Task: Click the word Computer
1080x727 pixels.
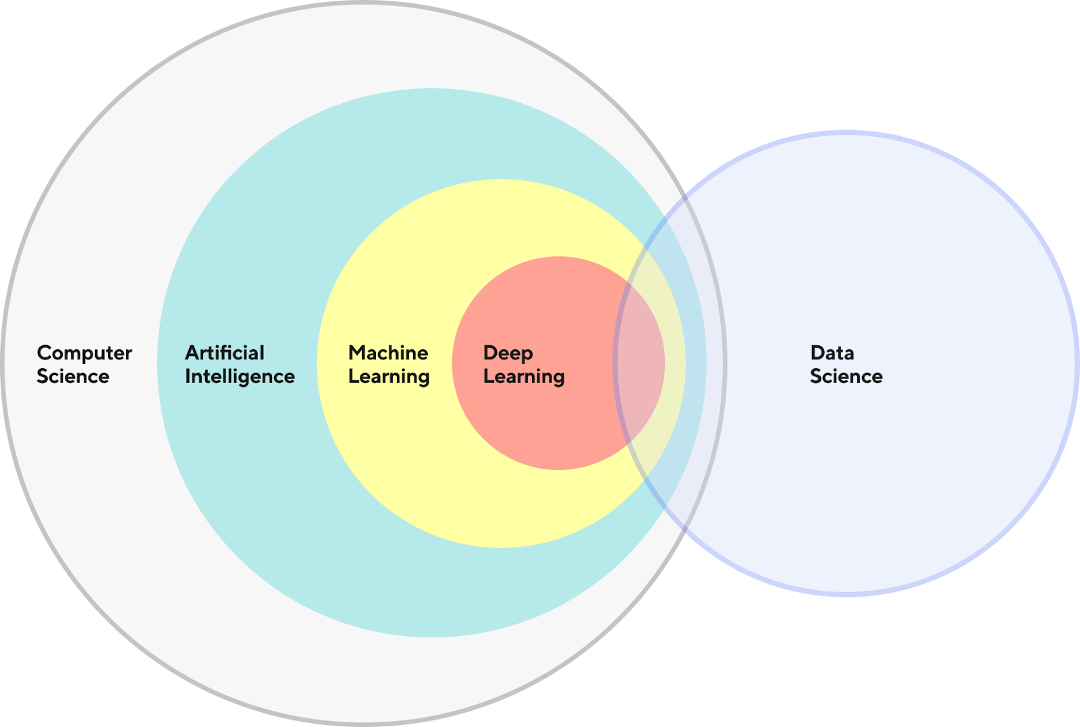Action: tap(84, 354)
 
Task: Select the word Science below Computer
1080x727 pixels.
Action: tap(74, 376)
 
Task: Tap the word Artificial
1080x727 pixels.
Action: tap(225, 353)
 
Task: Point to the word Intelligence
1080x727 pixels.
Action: tap(240, 377)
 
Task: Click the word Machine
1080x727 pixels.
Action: tap(388, 353)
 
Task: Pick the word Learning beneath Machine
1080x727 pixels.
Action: tap(389, 377)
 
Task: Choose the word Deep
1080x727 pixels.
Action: tap(508, 354)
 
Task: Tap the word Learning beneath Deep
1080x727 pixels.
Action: tap(524, 377)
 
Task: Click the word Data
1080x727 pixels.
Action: tap(832, 353)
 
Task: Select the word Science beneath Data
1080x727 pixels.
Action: tap(846, 376)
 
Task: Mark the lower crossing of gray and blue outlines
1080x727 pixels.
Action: tap(684, 530)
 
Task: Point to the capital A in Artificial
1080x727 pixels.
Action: tap(193, 353)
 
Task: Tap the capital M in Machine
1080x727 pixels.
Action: tap(358, 353)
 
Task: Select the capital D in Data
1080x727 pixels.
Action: tap(818, 353)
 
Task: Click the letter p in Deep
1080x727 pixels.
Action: tap(527, 357)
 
